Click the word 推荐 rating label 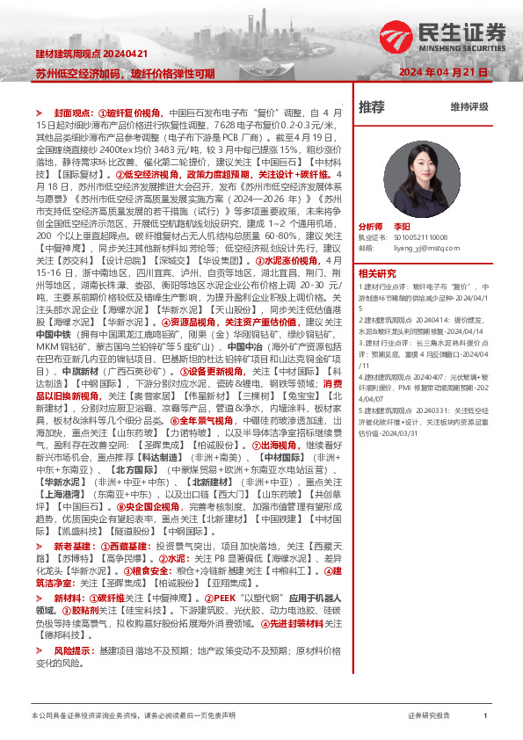(x=372, y=107)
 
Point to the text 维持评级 (x=469, y=107)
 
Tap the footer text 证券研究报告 (x=429, y=715)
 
